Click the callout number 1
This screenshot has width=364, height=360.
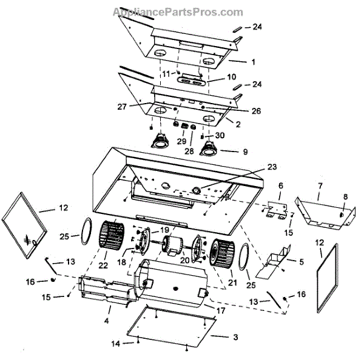pyautogui.click(x=253, y=62)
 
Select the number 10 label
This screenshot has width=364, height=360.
pyautogui.click(x=231, y=77)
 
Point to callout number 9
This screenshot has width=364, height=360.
pyautogui.click(x=244, y=152)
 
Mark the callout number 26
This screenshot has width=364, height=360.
pyautogui.click(x=257, y=111)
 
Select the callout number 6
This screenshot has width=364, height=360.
pyautogui.click(x=280, y=185)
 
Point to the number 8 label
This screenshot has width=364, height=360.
pyautogui.click(x=345, y=196)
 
